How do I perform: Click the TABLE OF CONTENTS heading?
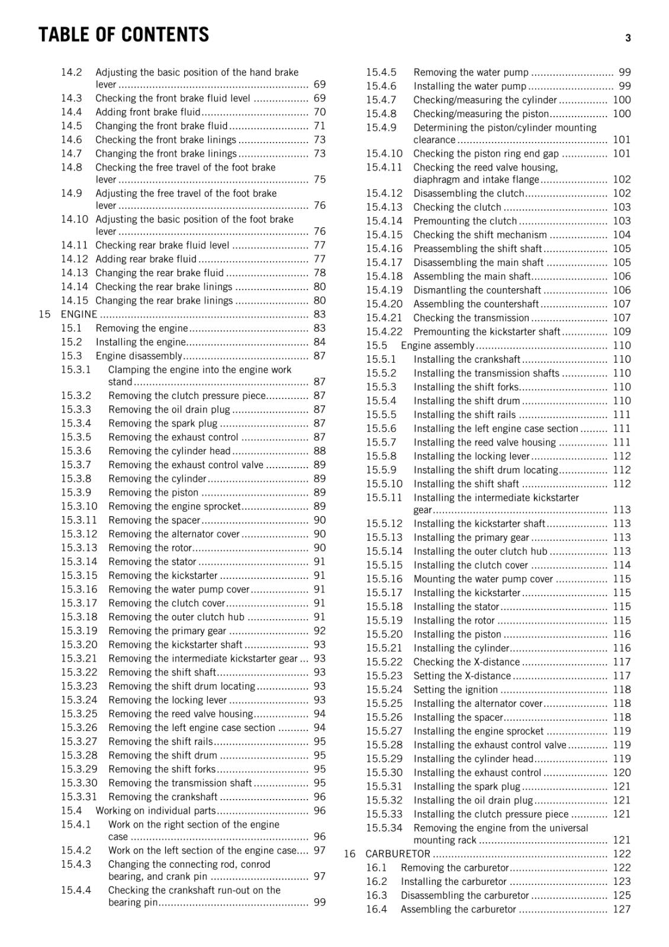(123, 35)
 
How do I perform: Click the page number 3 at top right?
(628, 38)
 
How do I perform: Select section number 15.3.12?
(79, 534)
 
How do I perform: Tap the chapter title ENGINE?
(79, 314)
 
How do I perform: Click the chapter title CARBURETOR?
(397, 853)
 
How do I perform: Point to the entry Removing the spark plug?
(163, 423)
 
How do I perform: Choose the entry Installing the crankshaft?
(467, 359)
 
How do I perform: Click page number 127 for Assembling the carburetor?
(622, 909)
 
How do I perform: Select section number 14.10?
(74, 219)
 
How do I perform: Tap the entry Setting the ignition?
(455, 690)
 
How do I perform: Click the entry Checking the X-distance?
(466, 662)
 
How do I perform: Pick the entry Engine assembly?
(438, 346)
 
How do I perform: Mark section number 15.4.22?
(384, 331)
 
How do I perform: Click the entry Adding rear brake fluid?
(146, 259)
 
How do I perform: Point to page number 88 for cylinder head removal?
(320, 451)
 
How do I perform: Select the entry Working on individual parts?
(155, 811)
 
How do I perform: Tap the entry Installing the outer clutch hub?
(480, 551)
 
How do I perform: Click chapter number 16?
(350, 853)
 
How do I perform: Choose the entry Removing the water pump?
(471, 72)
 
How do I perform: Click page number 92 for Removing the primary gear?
(320, 631)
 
